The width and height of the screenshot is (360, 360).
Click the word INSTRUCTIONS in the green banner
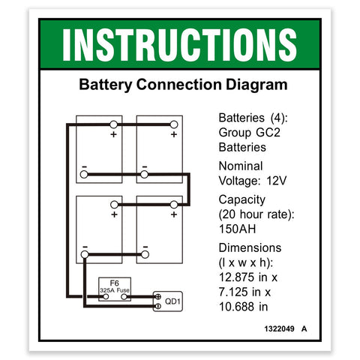[179, 45]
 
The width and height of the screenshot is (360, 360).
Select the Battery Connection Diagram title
[183, 85]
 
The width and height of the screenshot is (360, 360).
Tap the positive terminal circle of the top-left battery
[113, 124]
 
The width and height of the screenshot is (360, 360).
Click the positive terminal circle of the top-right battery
[174, 124]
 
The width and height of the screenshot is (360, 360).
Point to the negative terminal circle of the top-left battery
[84, 174]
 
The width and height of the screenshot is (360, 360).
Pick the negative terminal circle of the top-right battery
[144, 174]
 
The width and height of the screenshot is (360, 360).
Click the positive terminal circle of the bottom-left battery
[114, 205]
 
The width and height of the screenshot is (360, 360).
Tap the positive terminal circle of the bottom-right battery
[174, 205]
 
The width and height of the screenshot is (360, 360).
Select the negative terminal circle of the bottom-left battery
[85, 254]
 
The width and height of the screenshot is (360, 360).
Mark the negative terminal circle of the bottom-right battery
[145, 254]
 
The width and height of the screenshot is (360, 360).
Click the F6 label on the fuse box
[114, 283]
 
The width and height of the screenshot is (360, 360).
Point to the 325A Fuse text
[115, 290]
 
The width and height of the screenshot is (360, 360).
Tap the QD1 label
[172, 301]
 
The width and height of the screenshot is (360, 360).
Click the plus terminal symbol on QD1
[158, 297]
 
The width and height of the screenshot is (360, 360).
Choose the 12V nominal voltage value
[277, 181]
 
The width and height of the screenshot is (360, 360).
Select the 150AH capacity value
[237, 229]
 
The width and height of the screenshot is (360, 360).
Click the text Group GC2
[250, 133]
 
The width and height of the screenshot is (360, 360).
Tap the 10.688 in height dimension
[243, 307]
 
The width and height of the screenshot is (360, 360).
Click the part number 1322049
[280, 328]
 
